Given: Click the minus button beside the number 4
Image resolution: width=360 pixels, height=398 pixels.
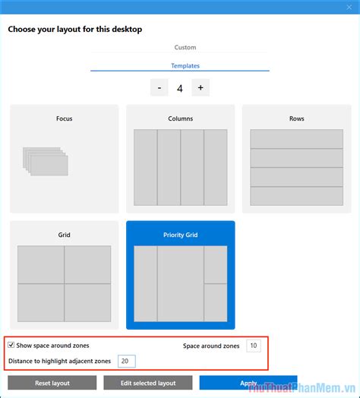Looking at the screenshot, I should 159,87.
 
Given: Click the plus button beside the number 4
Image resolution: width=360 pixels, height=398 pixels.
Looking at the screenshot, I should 201,87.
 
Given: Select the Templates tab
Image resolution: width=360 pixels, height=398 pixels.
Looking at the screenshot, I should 185,66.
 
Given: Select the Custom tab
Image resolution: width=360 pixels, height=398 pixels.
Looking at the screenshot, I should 185,48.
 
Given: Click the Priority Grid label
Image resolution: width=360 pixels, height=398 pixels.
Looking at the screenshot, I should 180,235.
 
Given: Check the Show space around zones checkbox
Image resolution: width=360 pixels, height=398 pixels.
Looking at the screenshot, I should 11,346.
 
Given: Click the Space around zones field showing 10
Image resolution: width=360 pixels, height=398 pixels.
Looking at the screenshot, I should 254,346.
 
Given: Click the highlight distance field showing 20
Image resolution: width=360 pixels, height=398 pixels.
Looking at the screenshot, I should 126,361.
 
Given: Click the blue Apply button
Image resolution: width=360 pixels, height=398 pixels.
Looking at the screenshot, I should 248,384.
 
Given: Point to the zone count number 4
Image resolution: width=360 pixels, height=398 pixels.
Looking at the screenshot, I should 180,88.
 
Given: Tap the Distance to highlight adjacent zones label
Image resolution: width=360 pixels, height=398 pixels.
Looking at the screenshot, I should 60,361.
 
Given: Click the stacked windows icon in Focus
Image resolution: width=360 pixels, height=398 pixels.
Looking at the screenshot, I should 45,160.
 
